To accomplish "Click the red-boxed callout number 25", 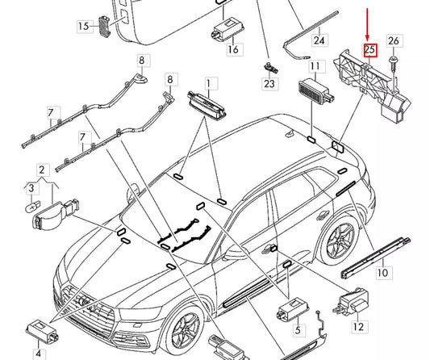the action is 370,50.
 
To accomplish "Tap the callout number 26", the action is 394,41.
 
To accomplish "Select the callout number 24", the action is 319,40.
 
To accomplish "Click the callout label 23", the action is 269,84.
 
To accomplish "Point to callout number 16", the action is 233,50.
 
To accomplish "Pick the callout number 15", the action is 84,27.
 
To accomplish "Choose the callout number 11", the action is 315,67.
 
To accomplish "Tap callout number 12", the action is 359,327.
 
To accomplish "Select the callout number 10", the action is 383,273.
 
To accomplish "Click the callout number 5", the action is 298,330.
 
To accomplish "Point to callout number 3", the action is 31,188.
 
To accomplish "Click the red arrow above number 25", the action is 367,25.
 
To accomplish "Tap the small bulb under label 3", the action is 32,207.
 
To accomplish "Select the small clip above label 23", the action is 270,67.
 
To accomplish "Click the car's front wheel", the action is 185,329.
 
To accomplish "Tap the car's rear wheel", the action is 341,241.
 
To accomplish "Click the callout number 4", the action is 39,354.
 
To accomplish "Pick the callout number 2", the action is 42,170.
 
